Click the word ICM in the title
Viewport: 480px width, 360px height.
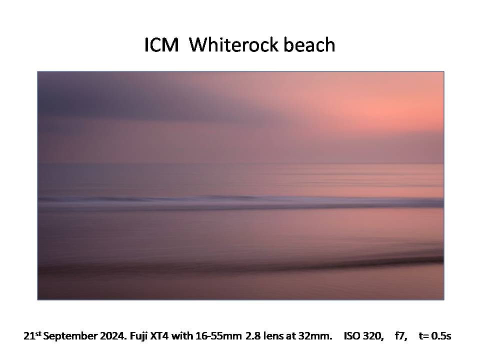coord(161,45)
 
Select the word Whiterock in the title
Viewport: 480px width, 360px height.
coord(233,44)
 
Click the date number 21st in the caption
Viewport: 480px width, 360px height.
coord(32,336)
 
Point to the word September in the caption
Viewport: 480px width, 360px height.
coord(70,336)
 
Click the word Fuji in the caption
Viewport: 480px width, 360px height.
coord(138,336)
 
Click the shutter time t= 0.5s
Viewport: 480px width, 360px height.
coord(435,336)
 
